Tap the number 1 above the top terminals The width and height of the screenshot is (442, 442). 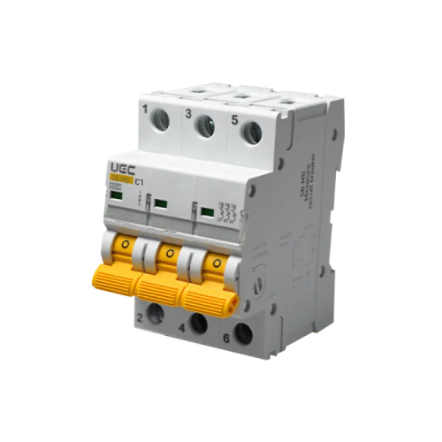[144, 109]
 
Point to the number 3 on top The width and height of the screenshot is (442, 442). [187, 113]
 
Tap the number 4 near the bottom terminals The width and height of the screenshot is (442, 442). [182, 329]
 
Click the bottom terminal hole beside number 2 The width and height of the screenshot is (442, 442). [157, 312]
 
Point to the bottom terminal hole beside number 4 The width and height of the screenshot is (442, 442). [200, 324]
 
